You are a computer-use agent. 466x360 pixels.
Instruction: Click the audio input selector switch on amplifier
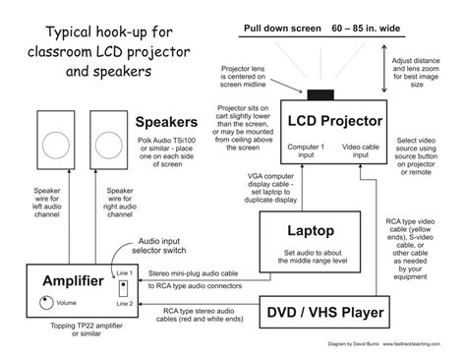coord(124,288)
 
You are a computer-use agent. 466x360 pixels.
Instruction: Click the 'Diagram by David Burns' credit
coord(356,345)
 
